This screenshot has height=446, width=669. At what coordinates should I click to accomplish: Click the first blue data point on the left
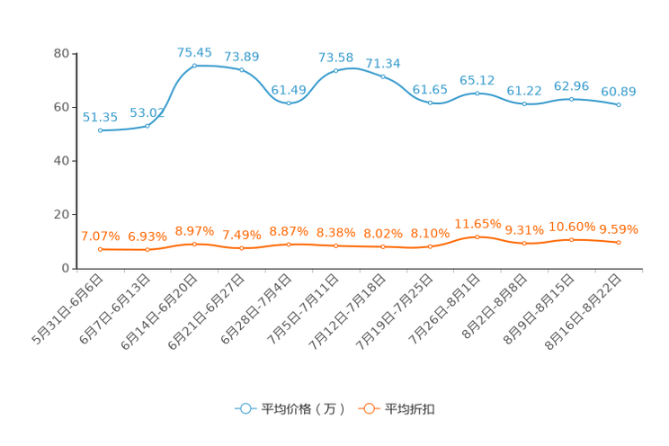tap(100, 131)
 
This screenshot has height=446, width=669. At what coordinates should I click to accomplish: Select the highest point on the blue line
tap(194, 65)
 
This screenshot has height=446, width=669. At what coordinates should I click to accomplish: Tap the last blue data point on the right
tap(619, 104)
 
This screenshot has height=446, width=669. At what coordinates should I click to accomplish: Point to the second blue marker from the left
tap(147, 126)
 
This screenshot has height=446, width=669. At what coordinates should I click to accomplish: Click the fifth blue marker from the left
tap(289, 103)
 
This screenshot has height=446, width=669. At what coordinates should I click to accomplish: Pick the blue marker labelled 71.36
tap(383, 76)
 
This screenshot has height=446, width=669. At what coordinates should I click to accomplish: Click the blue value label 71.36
tap(384, 63)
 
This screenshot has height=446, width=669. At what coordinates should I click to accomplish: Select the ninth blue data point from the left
tap(477, 92)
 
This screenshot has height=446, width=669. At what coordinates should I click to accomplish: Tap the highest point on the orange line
tap(477, 237)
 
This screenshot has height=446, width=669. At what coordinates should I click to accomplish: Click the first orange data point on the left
tap(100, 249)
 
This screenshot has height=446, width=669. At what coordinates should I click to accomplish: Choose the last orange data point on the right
tap(619, 243)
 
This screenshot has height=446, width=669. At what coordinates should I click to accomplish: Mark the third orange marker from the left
tap(194, 244)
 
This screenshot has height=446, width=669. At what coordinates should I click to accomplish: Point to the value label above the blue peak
tap(194, 52)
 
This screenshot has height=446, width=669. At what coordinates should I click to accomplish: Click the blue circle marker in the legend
tap(245, 408)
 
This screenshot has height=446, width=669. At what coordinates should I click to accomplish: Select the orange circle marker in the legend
tap(369, 408)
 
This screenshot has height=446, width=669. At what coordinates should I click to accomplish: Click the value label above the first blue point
tap(100, 118)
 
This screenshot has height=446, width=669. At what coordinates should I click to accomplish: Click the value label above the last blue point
tap(619, 91)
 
